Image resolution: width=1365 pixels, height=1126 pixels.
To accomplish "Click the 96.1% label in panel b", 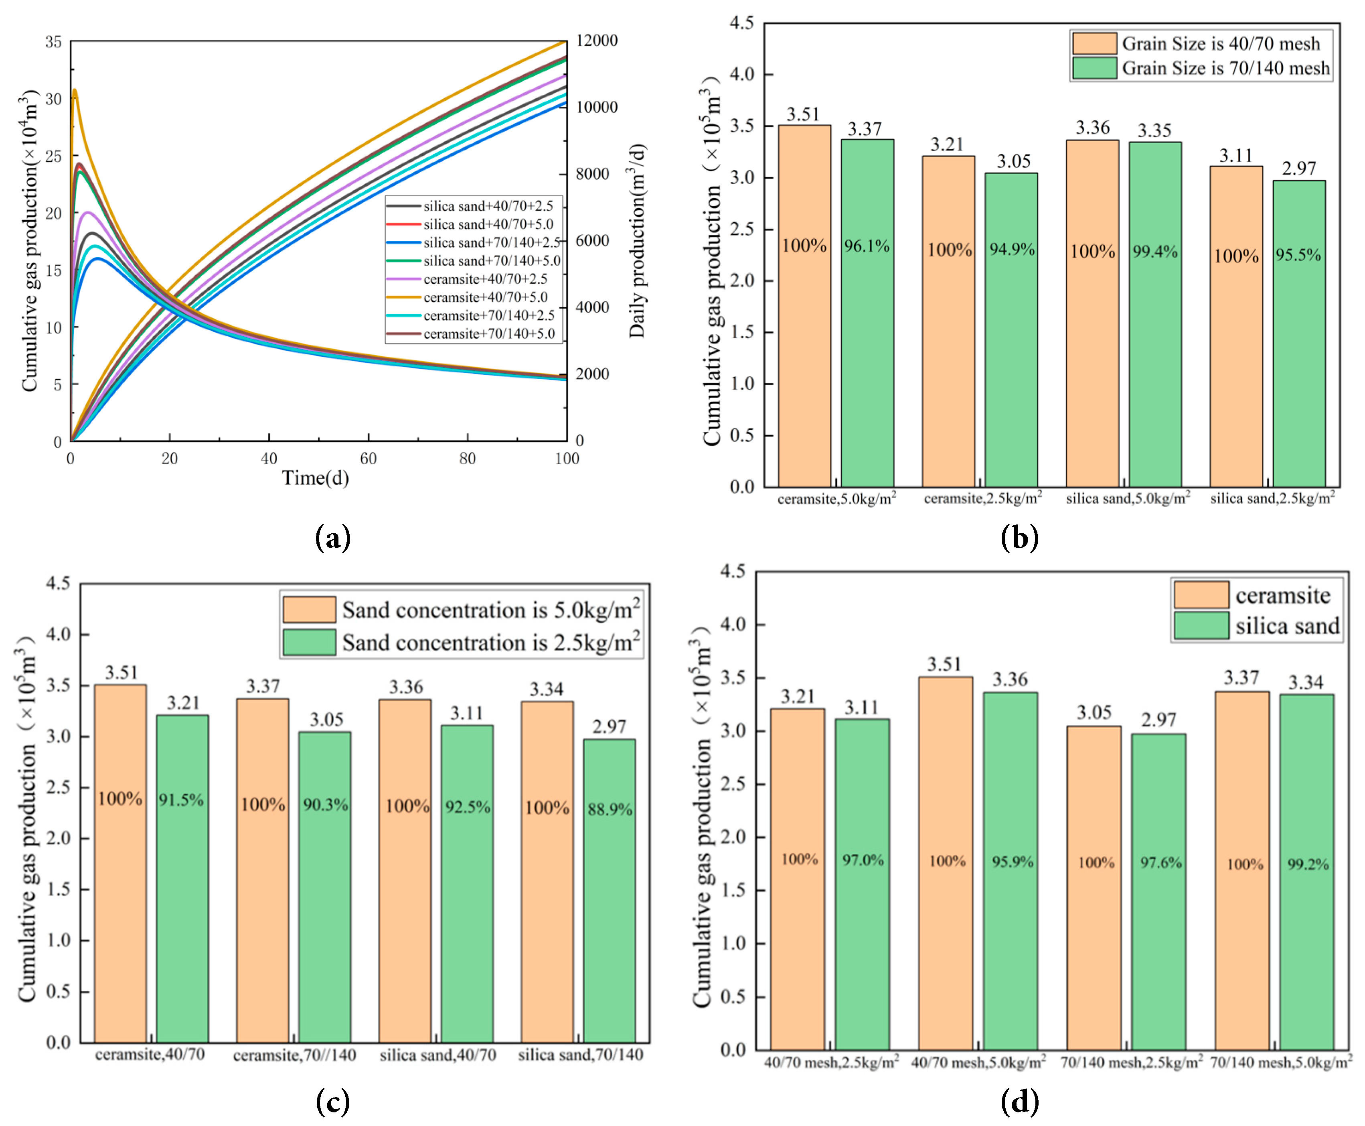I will pyautogui.click(x=867, y=246).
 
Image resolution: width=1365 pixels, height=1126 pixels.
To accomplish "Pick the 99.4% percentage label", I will pyautogui.click(x=1154, y=251).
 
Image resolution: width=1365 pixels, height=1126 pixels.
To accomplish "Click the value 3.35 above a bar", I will pyautogui.click(x=1154, y=131).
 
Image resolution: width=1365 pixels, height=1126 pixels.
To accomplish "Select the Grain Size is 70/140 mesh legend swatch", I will pyautogui.click(x=1094, y=68).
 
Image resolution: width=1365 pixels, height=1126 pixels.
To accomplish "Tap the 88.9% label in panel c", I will pyautogui.click(x=609, y=809).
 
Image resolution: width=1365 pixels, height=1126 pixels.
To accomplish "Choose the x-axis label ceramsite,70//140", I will pyautogui.click(x=294, y=1055).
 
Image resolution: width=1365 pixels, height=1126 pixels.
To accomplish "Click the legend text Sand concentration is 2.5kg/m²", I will pyautogui.click(x=491, y=643).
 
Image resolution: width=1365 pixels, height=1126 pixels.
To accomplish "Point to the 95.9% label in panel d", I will pyautogui.click(x=1013, y=862).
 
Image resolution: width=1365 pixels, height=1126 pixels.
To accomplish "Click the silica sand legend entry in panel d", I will pyautogui.click(x=1286, y=626).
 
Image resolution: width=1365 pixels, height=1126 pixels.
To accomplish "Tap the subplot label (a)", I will pyautogui.click(x=332, y=538).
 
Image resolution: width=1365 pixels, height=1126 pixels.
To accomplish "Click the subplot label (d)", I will pyautogui.click(x=1019, y=1102).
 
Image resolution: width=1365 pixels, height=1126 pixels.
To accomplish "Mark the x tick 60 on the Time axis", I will pyautogui.click(x=368, y=459).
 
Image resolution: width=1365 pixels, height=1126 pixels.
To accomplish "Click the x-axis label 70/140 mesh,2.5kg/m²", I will pyautogui.click(x=1131, y=1063).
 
